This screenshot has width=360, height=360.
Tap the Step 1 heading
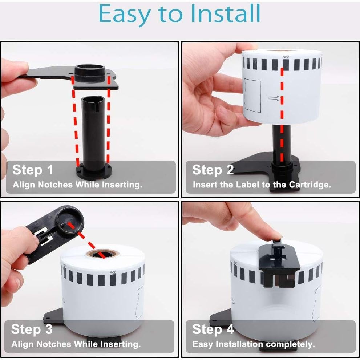[33, 170]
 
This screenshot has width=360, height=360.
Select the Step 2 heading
[213, 170]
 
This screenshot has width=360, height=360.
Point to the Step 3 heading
[32, 329]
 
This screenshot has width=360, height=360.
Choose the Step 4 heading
[213, 329]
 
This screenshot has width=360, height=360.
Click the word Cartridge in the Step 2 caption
[310, 185]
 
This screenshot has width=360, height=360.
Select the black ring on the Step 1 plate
[90, 73]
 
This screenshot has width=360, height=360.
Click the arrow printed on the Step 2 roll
[275, 98]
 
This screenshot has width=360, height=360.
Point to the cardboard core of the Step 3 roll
[102, 254]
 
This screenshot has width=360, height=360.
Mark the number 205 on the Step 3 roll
[113, 272]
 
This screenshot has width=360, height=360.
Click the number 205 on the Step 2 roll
[286, 57]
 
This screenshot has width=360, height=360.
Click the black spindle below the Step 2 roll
[282, 143]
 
